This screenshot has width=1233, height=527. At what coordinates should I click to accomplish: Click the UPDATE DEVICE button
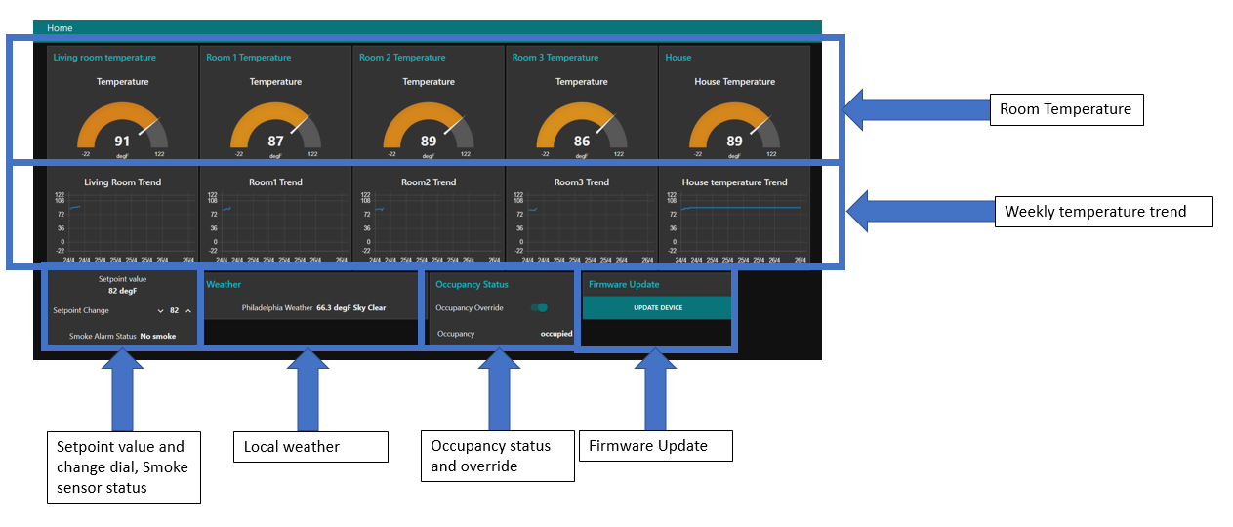[657, 307]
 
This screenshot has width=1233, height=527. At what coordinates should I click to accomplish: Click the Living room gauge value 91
[122, 142]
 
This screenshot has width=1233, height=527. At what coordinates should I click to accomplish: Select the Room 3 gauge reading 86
[582, 142]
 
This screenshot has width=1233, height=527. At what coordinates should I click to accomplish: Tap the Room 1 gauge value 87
[275, 142]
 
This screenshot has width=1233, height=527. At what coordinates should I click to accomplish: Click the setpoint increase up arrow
[188, 311]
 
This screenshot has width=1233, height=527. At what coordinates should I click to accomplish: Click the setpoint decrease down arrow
[160, 311]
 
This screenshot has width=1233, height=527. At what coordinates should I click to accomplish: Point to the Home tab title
[60, 28]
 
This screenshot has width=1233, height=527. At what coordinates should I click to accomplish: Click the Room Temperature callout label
[1065, 109]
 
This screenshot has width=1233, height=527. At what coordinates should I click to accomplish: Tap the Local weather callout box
[309, 447]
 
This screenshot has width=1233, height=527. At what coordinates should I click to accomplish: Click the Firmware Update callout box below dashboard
[656, 447]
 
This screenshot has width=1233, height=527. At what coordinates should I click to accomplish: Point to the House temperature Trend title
[734, 182]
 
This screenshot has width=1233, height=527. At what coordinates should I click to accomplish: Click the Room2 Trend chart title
[429, 182]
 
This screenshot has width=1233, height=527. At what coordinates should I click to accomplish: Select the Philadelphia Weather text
[277, 307]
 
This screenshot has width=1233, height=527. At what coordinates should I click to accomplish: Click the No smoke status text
[158, 336]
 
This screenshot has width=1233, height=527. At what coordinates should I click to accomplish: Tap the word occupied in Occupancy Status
[556, 334]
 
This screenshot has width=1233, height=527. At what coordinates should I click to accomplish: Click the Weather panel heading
[224, 285]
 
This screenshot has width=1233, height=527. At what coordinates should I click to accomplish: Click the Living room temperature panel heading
[104, 58]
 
